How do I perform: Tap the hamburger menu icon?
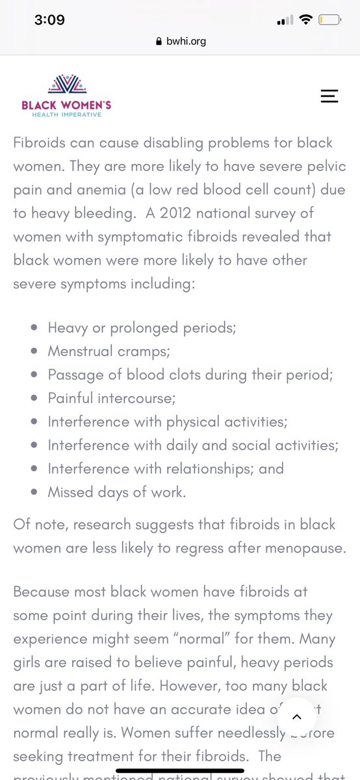(x=329, y=96)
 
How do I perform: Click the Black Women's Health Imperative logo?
(x=65, y=96)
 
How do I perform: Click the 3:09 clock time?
(x=49, y=19)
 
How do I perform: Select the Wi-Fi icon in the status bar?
(x=304, y=20)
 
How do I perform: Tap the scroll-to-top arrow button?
(x=296, y=717)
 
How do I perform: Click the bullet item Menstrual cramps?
(x=109, y=351)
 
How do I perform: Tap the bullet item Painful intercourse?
(x=112, y=397)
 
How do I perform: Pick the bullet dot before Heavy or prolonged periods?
(x=33, y=328)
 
